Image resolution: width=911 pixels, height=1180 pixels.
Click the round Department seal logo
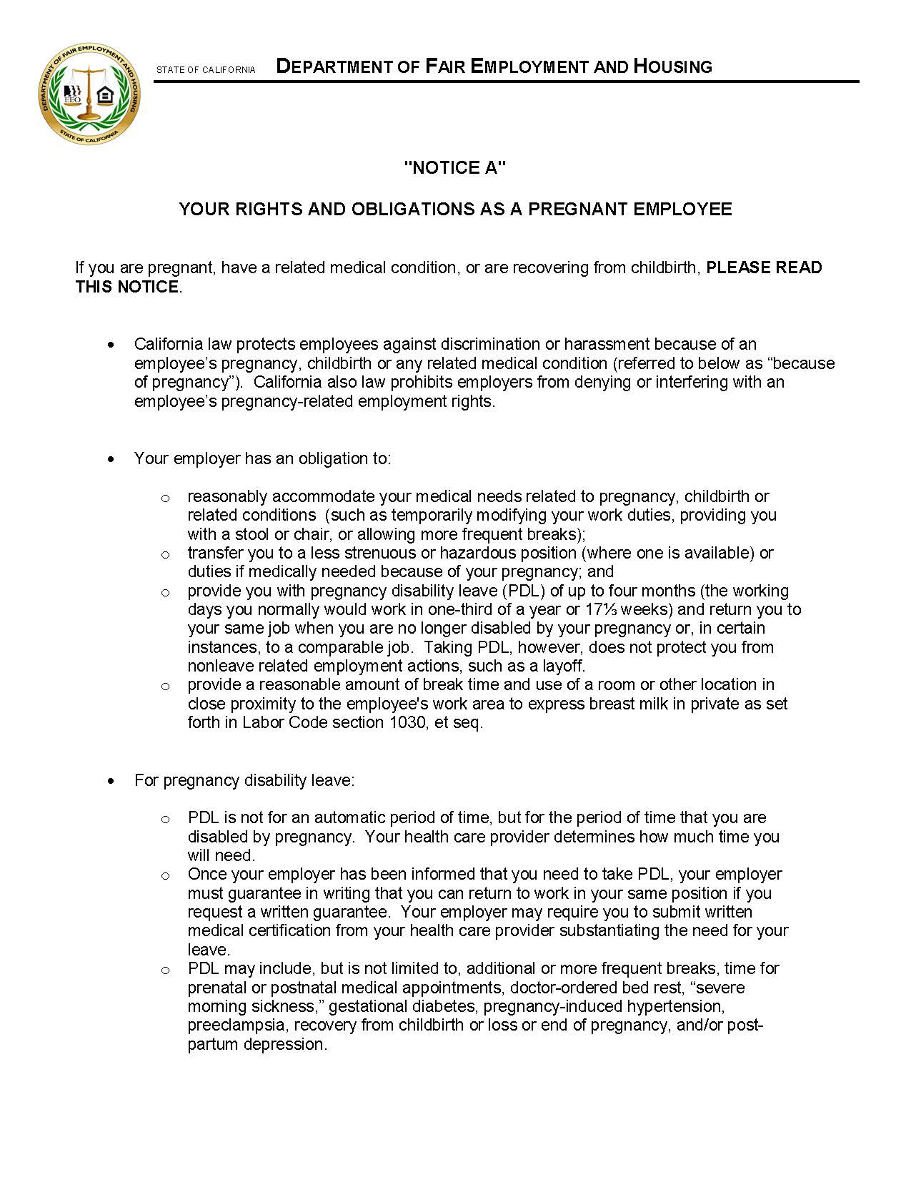point(89,94)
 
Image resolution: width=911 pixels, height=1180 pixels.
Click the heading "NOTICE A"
point(455,168)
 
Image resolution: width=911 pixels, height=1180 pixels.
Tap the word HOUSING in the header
point(673,67)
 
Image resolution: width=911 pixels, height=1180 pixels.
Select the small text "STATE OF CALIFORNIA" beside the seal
point(206,70)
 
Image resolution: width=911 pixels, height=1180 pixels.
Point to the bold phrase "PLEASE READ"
point(764,267)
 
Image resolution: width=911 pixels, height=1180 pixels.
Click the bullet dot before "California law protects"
point(110,345)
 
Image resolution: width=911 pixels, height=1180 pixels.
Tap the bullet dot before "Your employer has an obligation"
point(110,459)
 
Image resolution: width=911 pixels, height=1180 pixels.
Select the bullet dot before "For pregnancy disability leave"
point(110,780)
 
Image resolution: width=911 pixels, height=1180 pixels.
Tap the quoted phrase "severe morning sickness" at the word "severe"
point(720,988)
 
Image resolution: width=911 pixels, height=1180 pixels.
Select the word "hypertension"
point(676,1006)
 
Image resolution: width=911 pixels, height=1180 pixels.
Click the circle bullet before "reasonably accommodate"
point(165,498)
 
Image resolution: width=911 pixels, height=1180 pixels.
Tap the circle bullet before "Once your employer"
point(165,875)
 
